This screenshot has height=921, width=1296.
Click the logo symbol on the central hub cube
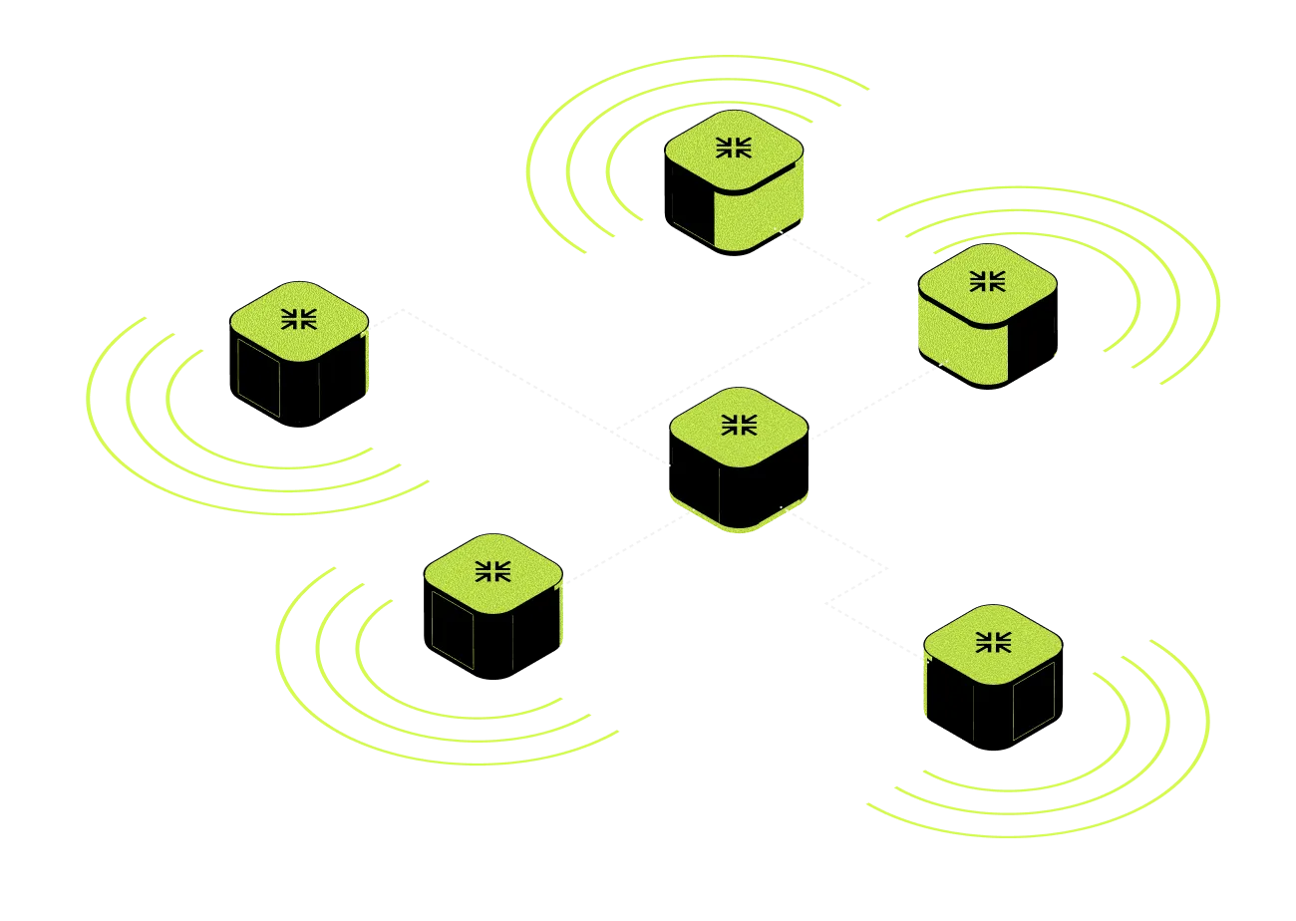pos(738,426)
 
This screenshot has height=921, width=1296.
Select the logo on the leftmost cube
pos(298,318)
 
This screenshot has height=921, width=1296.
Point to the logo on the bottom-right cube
pos(992,641)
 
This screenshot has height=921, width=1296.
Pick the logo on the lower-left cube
pos(492,570)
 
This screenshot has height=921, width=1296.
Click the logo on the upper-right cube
pos(987,281)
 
